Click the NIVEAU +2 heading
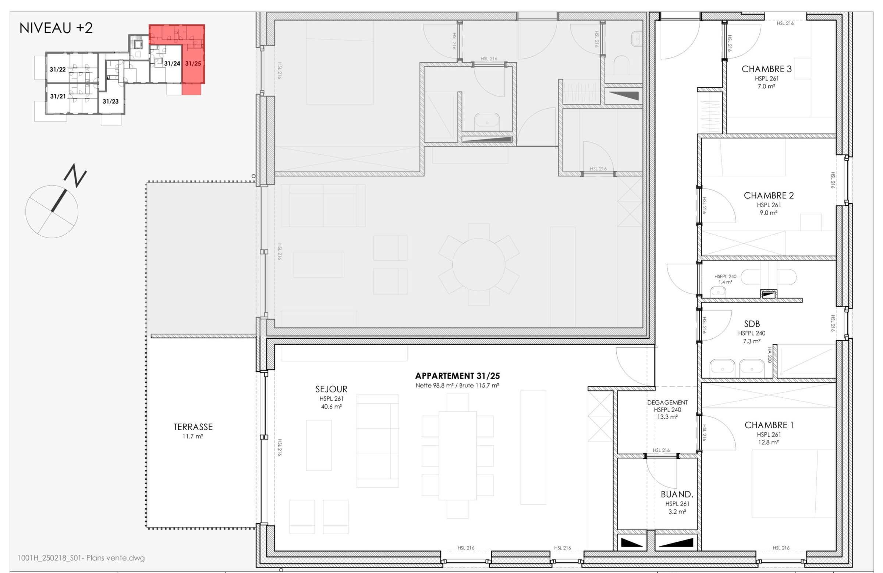(x=56, y=28)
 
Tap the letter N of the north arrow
(x=75, y=175)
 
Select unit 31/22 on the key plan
(x=57, y=70)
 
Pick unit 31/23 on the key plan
(x=111, y=101)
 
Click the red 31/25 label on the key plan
(x=193, y=63)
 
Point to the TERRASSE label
(x=193, y=427)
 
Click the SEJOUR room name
(x=331, y=389)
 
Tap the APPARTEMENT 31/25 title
(x=457, y=376)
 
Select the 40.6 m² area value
(x=331, y=407)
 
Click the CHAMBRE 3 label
(x=766, y=69)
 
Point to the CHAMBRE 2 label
(x=769, y=196)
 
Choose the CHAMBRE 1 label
(x=769, y=425)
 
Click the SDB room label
(x=752, y=324)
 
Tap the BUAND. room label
(x=677, y=495)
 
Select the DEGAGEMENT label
(x=667, y=402)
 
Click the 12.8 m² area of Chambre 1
(x=768, y=442)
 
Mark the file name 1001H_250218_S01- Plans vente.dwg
(x=81, y=558)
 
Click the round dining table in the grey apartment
(x=479, y=264)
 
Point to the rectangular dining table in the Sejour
(x=457, y=456)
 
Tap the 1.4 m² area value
(x=725, y=282)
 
